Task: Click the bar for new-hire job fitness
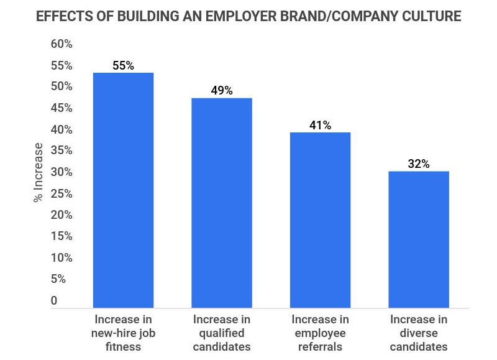tap(123, 190)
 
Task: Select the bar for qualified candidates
tap(222, 202)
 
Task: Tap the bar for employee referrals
tap(320, 219)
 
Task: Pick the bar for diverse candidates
tap(418, 239)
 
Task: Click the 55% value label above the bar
tap(123, 65)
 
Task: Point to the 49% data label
tap(222, 91)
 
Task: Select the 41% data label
tap(320, 126)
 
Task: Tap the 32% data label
tap(418, 164)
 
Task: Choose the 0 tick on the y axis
tap(54, 301)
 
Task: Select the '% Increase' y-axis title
tap(39, 173)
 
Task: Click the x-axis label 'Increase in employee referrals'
tap(320, 333)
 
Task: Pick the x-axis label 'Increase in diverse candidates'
tap(418, 333)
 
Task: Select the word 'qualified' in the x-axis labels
tap(222, 333)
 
